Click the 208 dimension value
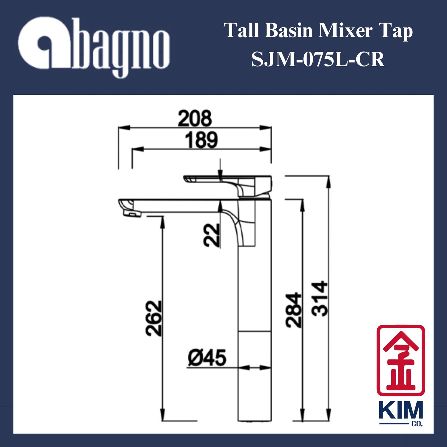click(195, 118)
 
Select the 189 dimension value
click(201, 140)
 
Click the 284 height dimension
click(293, 310)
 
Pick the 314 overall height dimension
click(320, 299)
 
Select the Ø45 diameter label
click(207, 358)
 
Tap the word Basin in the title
click(288, 31)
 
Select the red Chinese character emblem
click(401, 360)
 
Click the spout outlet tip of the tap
click(131, 213)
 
